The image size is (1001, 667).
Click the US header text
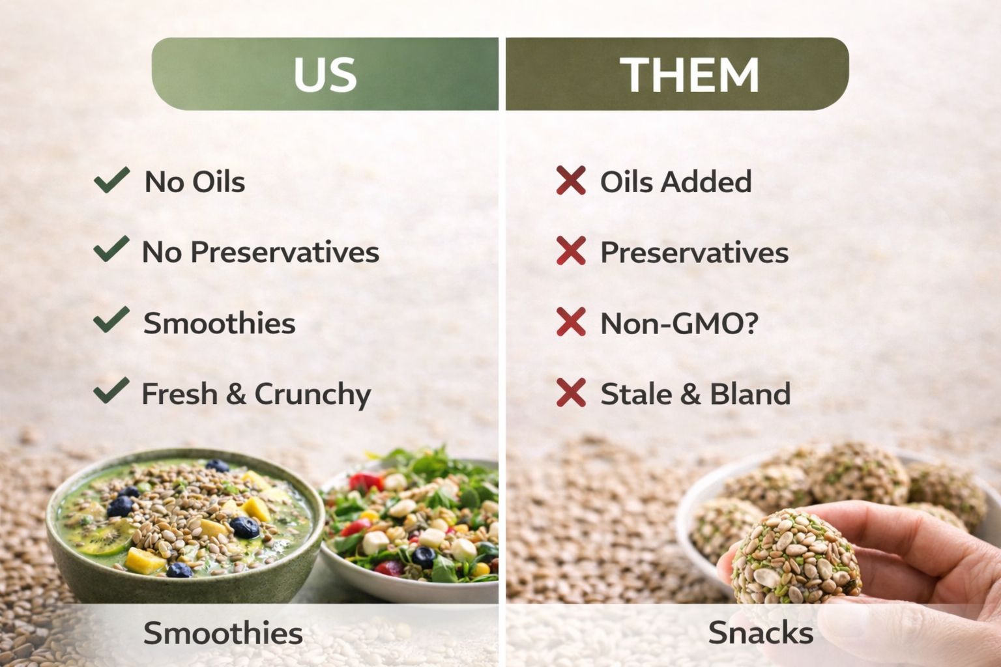325,75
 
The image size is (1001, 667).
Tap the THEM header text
689,75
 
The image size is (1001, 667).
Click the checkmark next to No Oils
111,180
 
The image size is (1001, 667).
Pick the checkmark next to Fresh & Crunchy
111,390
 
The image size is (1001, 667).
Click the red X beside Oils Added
571,180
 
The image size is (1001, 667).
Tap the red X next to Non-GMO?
571,322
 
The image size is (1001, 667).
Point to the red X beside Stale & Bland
571,392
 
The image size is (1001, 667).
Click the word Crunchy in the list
313,395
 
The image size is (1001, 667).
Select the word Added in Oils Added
706,182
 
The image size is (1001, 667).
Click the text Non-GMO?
679,323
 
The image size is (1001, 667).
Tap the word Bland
750,393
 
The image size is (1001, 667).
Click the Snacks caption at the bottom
761,633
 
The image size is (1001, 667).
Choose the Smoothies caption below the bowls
223,633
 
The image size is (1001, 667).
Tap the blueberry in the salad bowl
424,557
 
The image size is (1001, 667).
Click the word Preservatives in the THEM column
695,253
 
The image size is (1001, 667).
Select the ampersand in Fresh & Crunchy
236,393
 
